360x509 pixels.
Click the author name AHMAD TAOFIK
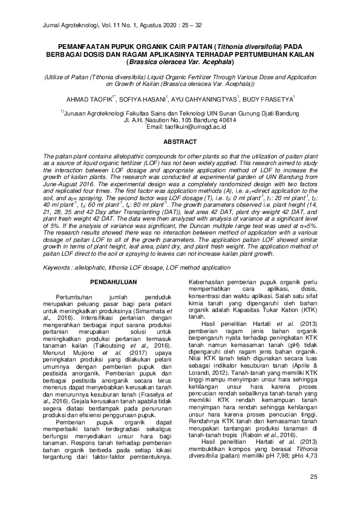(91, 99)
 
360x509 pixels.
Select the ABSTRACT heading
(180, 141)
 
